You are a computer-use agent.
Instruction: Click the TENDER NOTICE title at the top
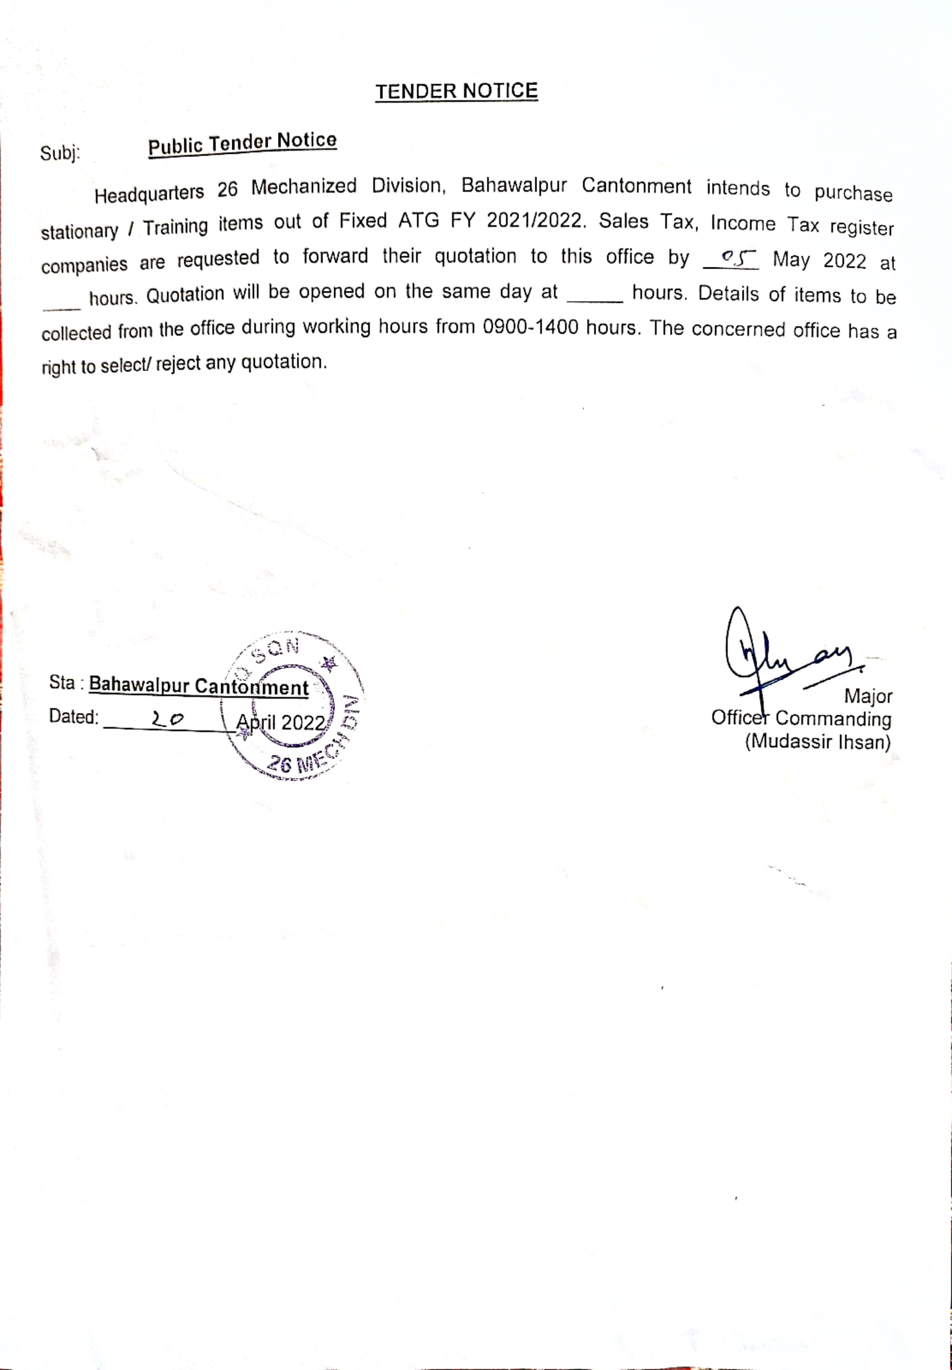(456, 91)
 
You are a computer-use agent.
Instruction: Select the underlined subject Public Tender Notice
(242, 143)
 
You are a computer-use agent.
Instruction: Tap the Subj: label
(60, 154)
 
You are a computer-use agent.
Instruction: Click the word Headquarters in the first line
(149, 194)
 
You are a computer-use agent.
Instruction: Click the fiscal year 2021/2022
(534, 221)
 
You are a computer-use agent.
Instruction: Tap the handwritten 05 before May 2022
(731, 258)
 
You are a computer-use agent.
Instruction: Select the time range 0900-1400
(531, 327)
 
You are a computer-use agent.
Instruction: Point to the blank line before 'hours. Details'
(595, 299)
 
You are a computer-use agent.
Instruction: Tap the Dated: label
(73, 716)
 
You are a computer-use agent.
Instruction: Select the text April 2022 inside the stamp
(280, 722)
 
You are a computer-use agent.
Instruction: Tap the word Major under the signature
(868, 696)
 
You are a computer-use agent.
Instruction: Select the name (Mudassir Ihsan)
(817, 742)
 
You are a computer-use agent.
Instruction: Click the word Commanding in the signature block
(833, 719)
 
